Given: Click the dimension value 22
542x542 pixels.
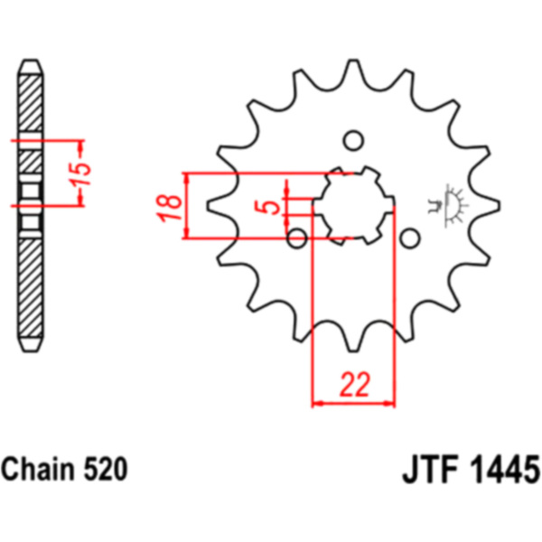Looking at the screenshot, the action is pos(355,385).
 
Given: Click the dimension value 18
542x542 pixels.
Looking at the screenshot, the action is pos(170,208).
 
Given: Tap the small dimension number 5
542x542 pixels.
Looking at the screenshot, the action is pos(266,207).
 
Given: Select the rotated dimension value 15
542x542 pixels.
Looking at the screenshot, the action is pos(82,173).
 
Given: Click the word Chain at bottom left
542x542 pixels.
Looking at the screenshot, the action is pos(38,469).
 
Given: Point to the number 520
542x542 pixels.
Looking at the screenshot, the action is pos(106,469).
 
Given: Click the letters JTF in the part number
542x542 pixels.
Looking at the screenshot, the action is pos(430,469).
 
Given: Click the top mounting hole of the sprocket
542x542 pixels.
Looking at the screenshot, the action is pos(353,141).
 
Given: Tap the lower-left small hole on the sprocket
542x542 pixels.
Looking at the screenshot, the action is pos(297,238).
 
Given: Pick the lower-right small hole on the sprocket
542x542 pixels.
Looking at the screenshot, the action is pos(410,238).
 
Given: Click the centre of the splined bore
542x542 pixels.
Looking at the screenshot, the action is pos(353,206).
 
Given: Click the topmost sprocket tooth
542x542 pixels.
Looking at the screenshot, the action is pos(353,70).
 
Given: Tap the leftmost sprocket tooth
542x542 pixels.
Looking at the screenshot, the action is pos(218,206).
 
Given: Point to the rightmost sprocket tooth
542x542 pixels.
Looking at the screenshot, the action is pos(489,206).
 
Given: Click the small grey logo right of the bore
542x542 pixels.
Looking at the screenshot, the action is pos(448,205).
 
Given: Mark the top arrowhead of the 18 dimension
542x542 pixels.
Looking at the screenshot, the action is pos(187,178).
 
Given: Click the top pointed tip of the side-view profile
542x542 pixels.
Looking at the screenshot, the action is pos(31,61).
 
